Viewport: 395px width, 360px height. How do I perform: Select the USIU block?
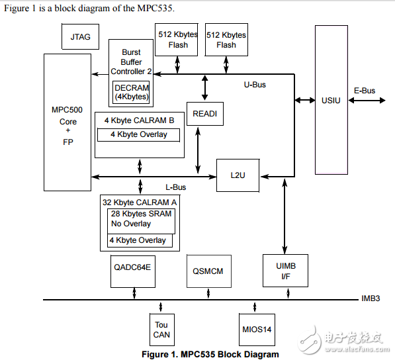pos(331,99)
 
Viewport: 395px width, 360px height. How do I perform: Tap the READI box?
pos(204,114)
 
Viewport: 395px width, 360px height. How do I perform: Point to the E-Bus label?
pos(365,91)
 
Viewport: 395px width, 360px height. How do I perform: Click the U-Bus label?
pos(255,85)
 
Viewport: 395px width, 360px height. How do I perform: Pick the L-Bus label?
pos(175,187)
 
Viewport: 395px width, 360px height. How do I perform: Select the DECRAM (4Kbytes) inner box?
pos(131,92)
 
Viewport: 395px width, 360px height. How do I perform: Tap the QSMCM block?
pos(208,271)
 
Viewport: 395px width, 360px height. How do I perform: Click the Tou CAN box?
pos(161,329)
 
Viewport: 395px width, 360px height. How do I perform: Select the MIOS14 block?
pos(256,329)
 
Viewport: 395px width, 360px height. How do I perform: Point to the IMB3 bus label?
pos(371,299)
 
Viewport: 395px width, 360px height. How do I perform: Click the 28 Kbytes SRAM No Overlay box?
pos(141,220)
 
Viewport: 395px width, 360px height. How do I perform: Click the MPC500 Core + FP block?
pos(67,122)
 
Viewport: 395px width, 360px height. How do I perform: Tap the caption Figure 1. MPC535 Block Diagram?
pos(210,354)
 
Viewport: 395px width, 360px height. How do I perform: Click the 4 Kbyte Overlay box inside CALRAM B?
pos(138,134)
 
